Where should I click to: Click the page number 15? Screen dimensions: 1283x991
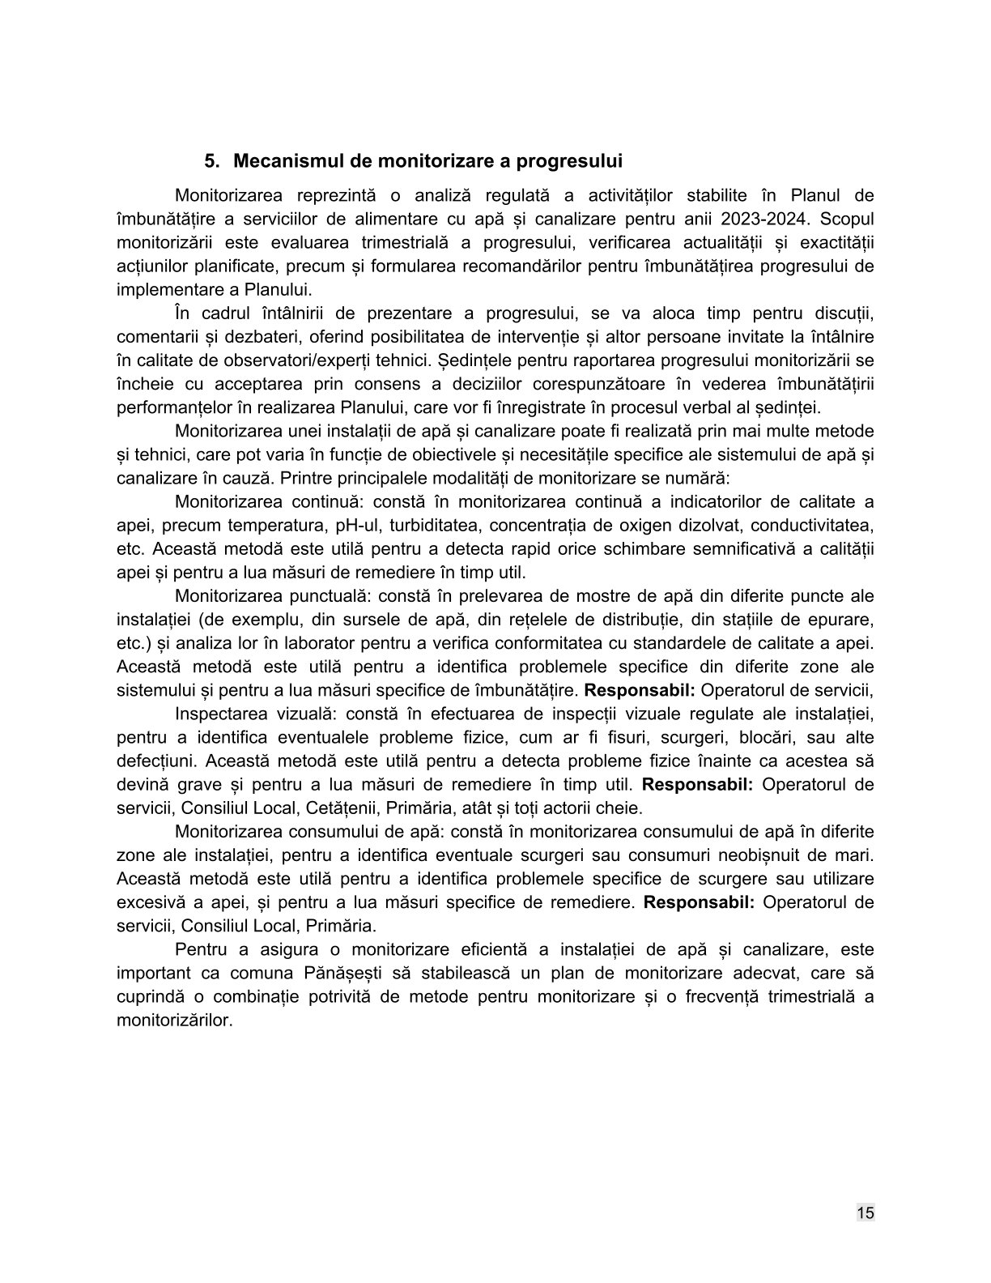tap(865, 1212)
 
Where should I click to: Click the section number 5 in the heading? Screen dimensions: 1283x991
tap(209, 161)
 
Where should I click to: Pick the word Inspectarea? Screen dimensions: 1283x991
tap(216, 714)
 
